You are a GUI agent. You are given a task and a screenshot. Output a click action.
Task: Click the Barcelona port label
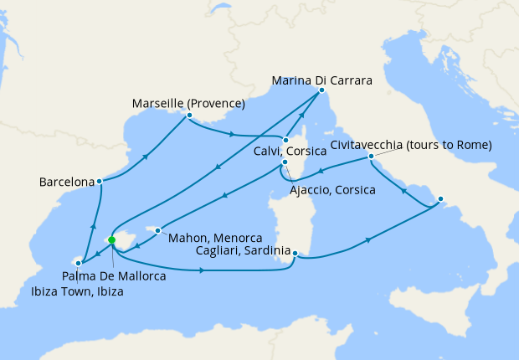pyautogui.click(x=66, y=182)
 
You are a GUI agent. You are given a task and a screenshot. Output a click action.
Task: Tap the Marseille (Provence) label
pyautogui.click(x=188, y=104)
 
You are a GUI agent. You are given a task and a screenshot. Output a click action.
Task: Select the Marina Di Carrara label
pyautogui.click(x=321, y=81)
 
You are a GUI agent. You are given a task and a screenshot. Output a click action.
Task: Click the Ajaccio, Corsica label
pyautogui.click(x=331, y=190)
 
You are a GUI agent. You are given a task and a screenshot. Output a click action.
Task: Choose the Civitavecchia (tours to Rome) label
pyautogui.click(x=410, y=145)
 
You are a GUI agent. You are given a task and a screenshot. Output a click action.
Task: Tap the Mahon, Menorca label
pyautogui.click(x=216, y=237)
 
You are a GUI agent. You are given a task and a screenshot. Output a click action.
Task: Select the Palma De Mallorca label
pyautogui.click(x=112, y=275)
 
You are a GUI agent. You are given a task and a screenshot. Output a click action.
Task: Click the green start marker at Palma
pyautogui.click(x=111, y=240)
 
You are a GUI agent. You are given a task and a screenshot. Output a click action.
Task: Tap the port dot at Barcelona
pyautogui.click(x=99, y=181)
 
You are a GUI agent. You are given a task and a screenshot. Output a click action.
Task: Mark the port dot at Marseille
pyautogui.click(x=189, y=116)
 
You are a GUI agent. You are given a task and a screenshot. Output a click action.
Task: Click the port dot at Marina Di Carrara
pyautogui.click(x=321, y=90)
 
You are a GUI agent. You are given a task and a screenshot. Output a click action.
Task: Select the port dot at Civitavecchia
pyautogui.click(x=369, y=157)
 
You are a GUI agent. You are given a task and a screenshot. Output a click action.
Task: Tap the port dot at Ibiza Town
pyautogui.click(x=77, y=263)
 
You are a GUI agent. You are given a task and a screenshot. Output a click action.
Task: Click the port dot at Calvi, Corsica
pyautogui.click(x=285, y=141)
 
